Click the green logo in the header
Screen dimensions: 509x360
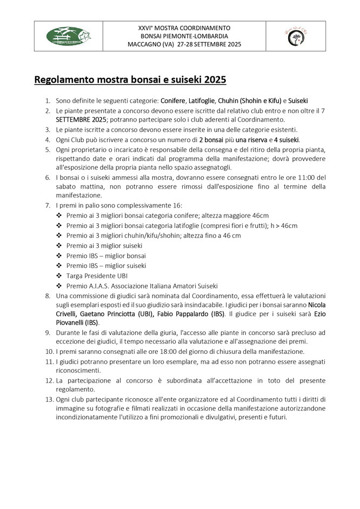point(68,36)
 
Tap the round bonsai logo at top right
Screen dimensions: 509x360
point(295,36)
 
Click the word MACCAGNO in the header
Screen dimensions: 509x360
point(156,44)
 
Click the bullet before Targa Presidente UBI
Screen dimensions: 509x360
point(59,276)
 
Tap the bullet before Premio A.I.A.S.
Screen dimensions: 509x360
point(59,285)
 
